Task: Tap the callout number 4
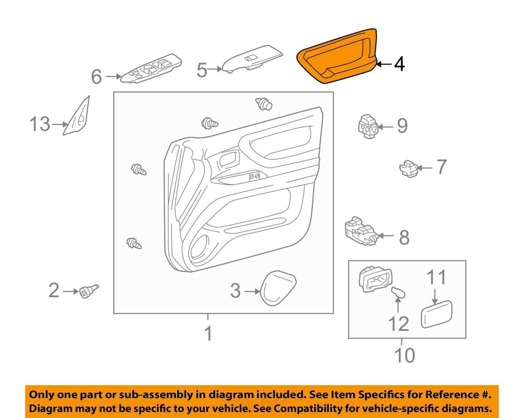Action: click(x=399, y=64)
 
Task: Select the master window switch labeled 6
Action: click(x=152, y=68)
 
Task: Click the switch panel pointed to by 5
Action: click(x=252, y=59)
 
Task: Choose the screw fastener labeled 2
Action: click(x=89, y=291)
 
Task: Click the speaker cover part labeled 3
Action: click(x=278, y=288)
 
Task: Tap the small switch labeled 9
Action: click(x=368, y=126)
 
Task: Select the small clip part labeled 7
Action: click(x=409, y=168)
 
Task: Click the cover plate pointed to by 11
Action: click(x=436, y=314)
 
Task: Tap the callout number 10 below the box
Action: click(x=404, y=356)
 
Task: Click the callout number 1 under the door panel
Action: click(x=209, y=333)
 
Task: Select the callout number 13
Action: click(x=40, y=124)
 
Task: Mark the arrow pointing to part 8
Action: click(x=386, y=236)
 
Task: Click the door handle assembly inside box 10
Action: click(x=376, y=279)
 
